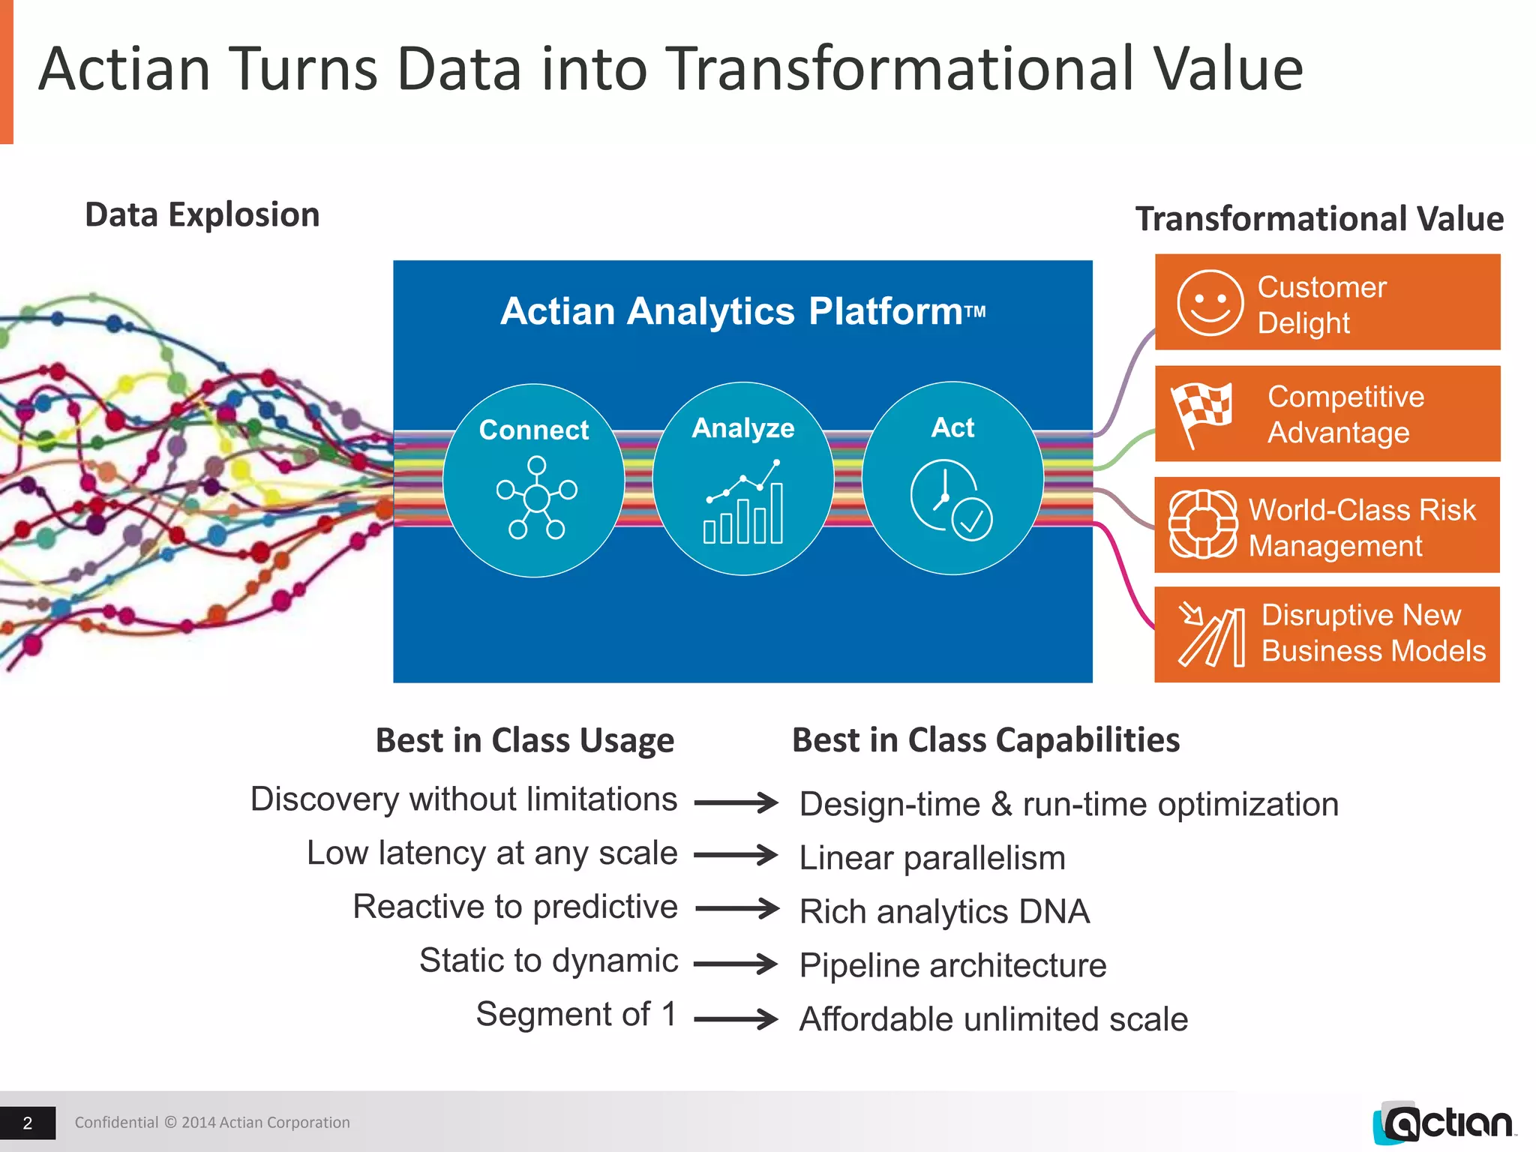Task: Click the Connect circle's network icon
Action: coord(536,497)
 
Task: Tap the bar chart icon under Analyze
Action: coord(743,502)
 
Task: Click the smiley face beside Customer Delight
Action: coord(1210,303)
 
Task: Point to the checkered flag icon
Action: coord(1202,412)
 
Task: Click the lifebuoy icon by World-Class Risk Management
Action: coord(1203,524)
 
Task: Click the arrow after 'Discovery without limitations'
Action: coord(736,802)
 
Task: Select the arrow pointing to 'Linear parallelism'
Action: coord(736,855)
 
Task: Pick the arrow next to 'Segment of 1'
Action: coord(736,1018)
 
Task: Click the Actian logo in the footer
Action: coord(1444,1123)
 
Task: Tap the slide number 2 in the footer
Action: coord(28,1123)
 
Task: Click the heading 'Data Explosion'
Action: coord(202,215)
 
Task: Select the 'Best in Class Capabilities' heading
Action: coord(985,740)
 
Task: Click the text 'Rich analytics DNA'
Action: coord(944,912)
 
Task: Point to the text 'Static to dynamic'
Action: coord(548,961)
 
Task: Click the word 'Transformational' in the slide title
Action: coord(900,69)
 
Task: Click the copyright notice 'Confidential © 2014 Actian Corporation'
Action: coord(212,1123)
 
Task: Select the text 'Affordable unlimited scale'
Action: coord(994,1019)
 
